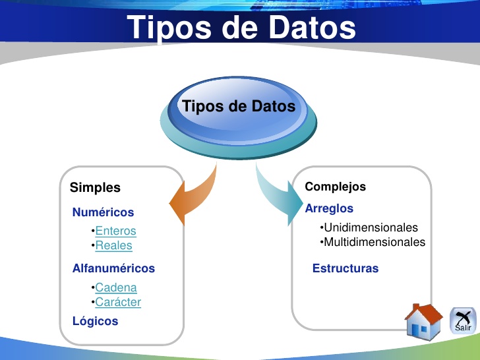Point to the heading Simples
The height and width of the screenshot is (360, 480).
[95, 188]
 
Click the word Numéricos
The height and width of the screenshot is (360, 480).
[103, 212]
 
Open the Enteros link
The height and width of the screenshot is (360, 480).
[115, 231]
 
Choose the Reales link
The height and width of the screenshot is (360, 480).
[113, 245]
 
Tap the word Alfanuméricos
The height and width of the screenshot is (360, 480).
[113, 268]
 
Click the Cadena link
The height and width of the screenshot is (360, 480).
[116, 287]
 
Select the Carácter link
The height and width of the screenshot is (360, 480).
[118, 302]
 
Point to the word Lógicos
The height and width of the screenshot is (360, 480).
[95, 321]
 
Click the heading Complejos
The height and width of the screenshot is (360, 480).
[335, 187]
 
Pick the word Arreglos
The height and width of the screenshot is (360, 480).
[329, 208]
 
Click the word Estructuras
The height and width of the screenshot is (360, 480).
[345, 268]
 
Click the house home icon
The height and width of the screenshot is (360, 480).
[423, 321]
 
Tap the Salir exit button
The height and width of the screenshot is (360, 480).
[463, 320]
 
